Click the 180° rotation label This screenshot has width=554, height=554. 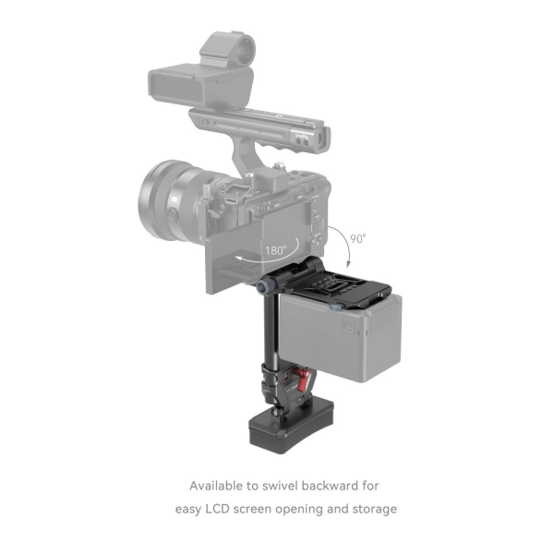(x=275, y=248)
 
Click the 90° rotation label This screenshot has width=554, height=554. (x=357, y=236)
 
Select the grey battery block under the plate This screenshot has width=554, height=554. (x=356, y=338)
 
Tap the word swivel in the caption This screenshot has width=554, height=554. (x=289, y=485)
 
